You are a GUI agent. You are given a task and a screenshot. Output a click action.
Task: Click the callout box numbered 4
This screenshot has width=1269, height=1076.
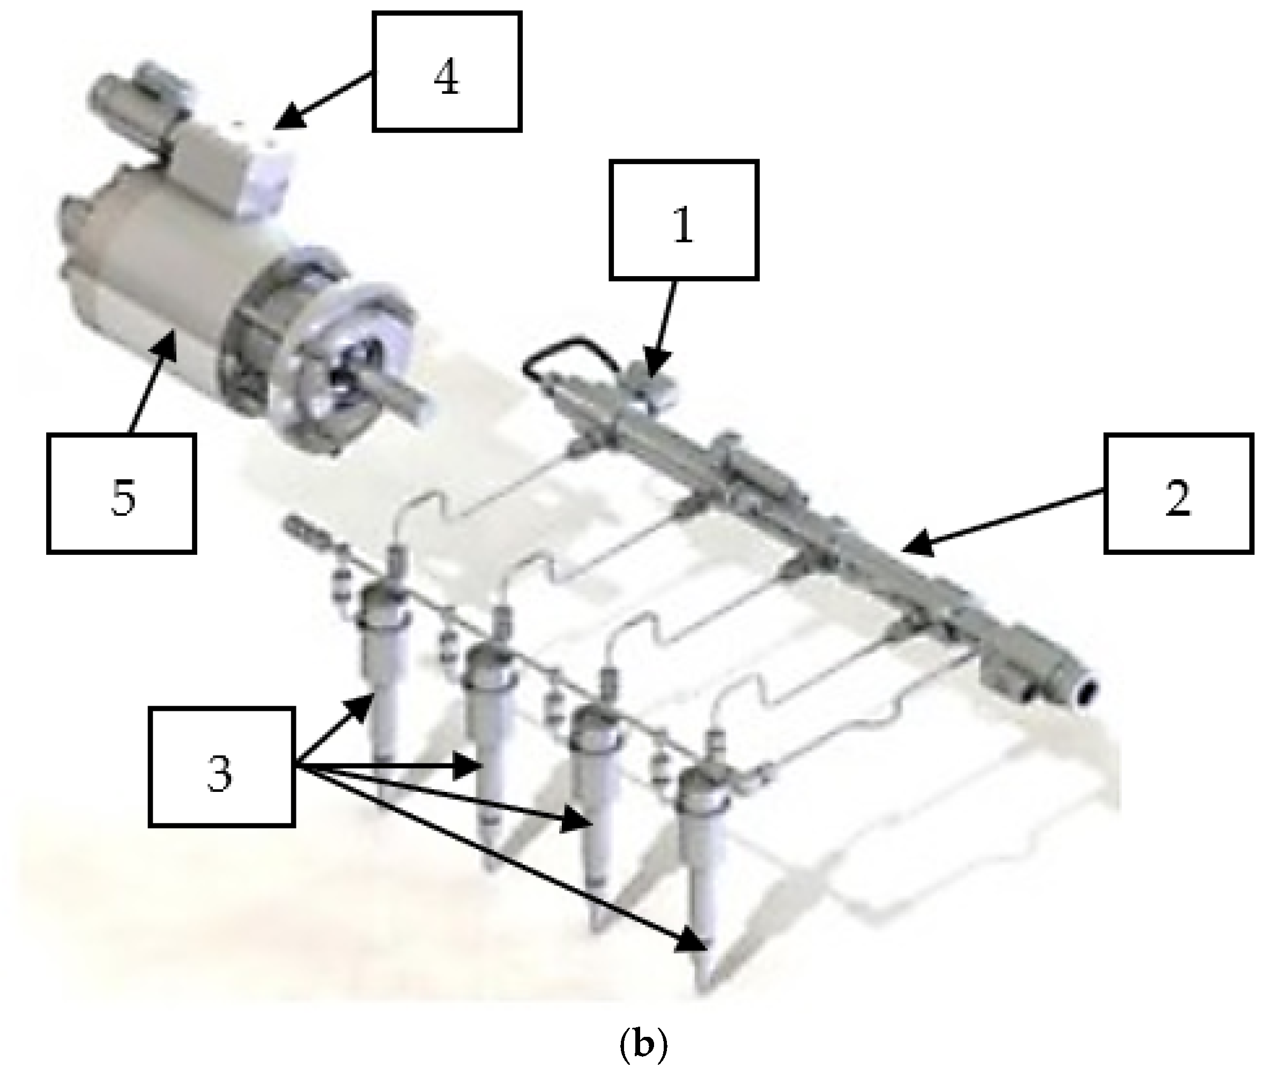447,71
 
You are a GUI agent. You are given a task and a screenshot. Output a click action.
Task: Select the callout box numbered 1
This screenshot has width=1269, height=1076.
684,220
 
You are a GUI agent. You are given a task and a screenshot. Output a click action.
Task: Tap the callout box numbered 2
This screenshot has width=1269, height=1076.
1179,493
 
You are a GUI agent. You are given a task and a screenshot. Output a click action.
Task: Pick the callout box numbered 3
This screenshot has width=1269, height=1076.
222,767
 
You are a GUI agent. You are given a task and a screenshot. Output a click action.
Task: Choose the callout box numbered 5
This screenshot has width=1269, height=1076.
121,493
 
